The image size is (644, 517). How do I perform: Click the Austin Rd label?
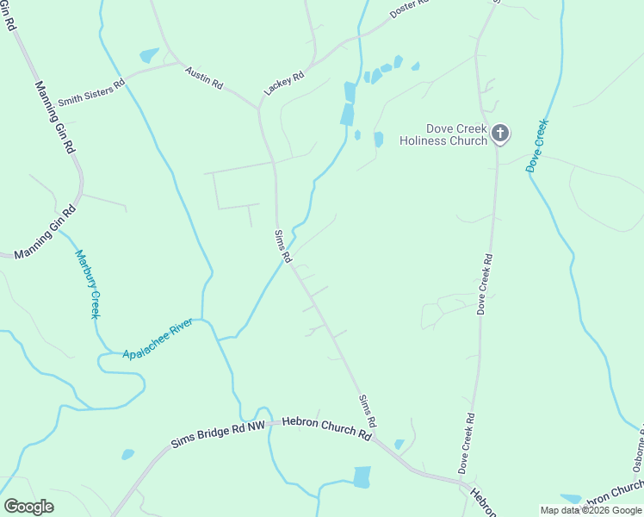204,80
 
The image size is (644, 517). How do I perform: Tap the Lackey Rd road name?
284,83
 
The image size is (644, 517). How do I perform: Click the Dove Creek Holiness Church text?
443,134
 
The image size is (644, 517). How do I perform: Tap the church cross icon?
500,134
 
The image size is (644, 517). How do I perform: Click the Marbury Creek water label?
89,284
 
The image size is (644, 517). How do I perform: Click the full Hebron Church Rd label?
328,429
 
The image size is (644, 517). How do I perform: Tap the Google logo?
28,507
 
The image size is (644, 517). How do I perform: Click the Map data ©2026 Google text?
591,510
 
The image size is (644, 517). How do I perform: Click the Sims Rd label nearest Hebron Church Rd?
368,410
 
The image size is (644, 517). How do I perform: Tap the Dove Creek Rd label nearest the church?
485,283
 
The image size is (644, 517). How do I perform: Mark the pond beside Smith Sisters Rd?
149,56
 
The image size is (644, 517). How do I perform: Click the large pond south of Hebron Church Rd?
362,477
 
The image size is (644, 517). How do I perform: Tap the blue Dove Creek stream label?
536,146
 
